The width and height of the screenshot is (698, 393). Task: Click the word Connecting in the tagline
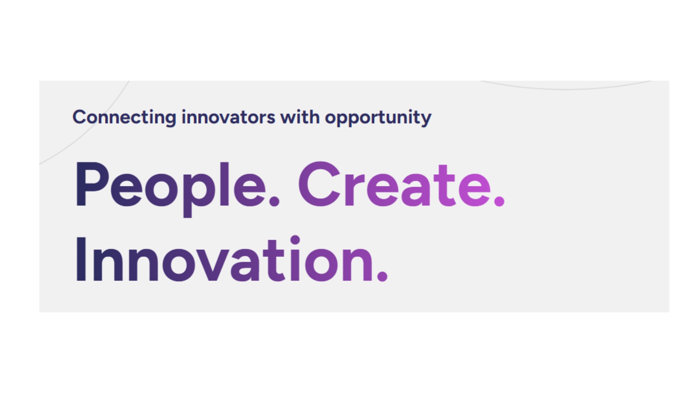click(x=124, y=118)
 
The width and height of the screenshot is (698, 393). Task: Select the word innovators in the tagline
click(x=228, y=117)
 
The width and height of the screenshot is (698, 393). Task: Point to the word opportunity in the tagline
click(x=378, y=118)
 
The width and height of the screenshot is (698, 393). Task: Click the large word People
click(x=177, y=189)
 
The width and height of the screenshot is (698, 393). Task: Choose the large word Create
click(x=402, y=184)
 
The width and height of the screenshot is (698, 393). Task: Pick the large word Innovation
click(x=232, y=259)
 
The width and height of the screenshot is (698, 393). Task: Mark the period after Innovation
click(x=382, y=276)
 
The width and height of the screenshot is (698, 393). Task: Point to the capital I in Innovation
click(x=81, y=259)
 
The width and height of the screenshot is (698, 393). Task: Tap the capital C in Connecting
click(x=80, y=117)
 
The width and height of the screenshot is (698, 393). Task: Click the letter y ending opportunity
click(x=425, y=119)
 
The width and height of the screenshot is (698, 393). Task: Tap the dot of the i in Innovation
click(x=295, y=240)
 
